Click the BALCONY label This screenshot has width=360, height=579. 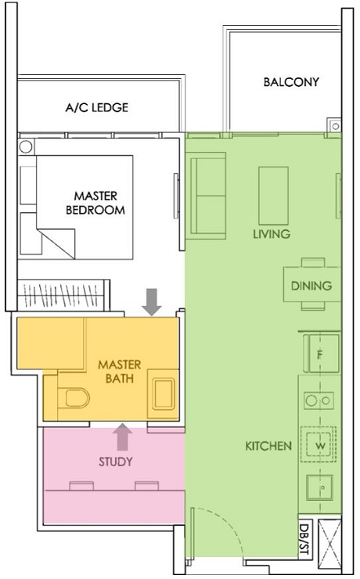[x=290, y=82]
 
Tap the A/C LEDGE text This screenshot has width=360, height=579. [x=96, y=108]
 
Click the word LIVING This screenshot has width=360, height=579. [x=272, y=234]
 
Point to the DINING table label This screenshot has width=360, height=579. [x=311, y=286]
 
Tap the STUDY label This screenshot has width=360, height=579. [x=115, y=462]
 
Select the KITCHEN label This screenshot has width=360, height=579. [x=268, y=446]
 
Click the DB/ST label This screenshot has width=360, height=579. [x=304, y=539]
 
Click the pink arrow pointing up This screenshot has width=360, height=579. [x=122, y=433]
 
